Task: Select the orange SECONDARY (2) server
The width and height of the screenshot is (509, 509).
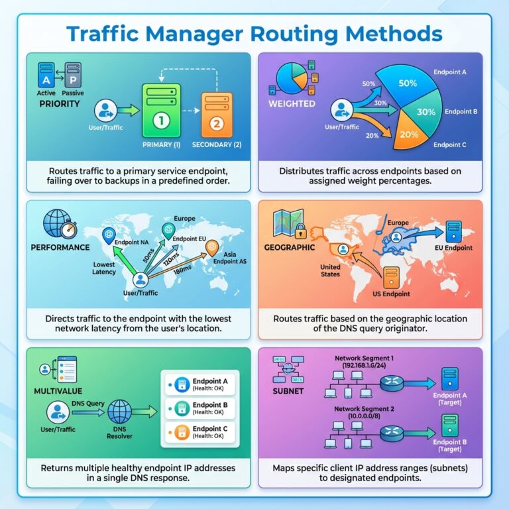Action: (x=215, y=113)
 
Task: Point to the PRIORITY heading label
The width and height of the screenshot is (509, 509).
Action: (x=60, y=104)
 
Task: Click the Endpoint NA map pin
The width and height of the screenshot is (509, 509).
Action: (x=109, y=235)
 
